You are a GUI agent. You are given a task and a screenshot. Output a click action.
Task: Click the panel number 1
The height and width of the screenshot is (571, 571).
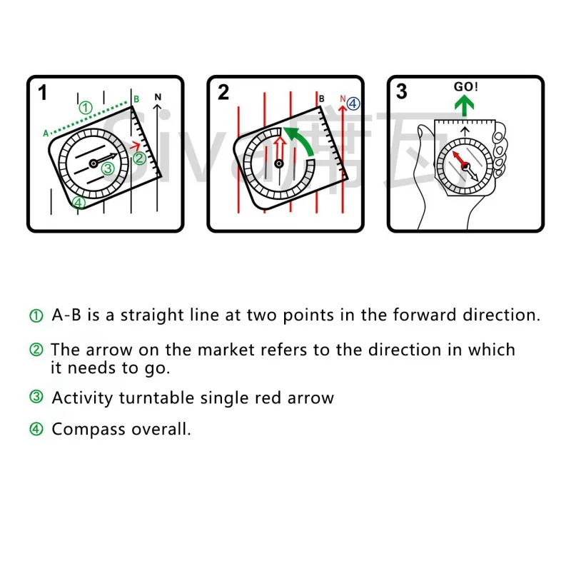(x=43, y=92)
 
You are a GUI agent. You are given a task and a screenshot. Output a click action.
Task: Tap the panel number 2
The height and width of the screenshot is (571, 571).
(x=223, y=92)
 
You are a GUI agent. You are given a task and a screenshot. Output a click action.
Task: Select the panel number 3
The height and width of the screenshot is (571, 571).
(x=402, y=92)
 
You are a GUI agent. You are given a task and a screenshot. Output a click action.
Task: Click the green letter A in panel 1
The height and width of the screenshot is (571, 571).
(x=46, y=133)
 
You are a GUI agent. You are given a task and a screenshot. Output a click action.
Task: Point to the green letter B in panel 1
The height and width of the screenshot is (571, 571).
(x=136, y=98)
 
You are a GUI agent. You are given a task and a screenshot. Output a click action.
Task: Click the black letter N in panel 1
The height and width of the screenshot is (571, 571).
(x=158, y=97)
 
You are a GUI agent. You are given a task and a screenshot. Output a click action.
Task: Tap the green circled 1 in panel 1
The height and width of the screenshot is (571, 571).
(x=86, y=108)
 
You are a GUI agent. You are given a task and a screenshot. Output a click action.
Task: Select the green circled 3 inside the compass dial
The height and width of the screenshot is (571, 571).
(x=106, y=168)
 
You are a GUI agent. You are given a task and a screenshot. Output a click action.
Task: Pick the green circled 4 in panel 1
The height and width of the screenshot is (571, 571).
(x=79, y=203)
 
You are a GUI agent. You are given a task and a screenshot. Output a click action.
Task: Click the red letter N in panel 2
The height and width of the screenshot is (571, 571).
(x=343, y=99)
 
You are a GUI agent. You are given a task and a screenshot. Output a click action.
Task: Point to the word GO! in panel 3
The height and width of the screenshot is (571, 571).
(x=465, y=87)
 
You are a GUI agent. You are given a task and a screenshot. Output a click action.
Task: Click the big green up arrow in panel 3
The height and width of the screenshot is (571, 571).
(x=465, y=107)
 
